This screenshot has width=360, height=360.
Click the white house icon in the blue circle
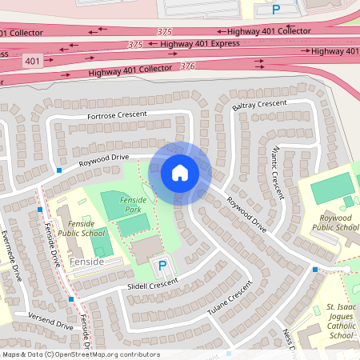tap(180, 172)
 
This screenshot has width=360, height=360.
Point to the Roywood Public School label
tap(334, 222)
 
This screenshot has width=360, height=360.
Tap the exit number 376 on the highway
tap(188, 66)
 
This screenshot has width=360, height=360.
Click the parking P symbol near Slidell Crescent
tap(162, 265)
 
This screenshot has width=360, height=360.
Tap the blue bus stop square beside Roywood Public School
tap(315, 270)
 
